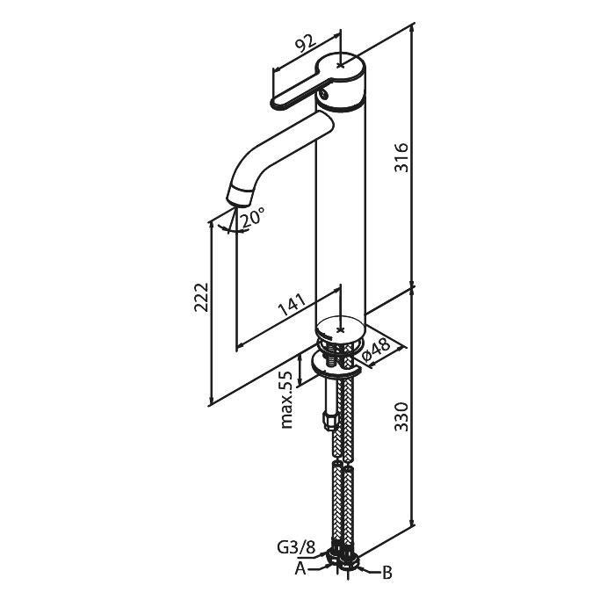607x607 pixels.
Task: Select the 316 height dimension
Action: [401, 157]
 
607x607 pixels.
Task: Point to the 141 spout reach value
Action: [292, 305]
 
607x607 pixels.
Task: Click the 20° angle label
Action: [253, 218]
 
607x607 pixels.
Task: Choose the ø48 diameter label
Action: [376, 351]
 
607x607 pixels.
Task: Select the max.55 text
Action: [287, 400]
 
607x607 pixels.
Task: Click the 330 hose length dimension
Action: [401, 417]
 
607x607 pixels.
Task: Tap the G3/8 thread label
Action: [296, 548]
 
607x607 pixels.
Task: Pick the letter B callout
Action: [387, 573]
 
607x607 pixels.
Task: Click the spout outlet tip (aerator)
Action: [238, 198]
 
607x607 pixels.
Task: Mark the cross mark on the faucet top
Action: [340, 65]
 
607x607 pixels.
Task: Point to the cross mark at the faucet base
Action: [341, 330]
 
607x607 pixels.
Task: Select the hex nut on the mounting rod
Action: [329, 421]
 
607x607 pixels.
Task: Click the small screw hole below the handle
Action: [323, 93]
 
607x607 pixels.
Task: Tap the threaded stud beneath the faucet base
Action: [332, 359]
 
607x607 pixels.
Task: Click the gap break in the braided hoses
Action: [343, 463]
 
